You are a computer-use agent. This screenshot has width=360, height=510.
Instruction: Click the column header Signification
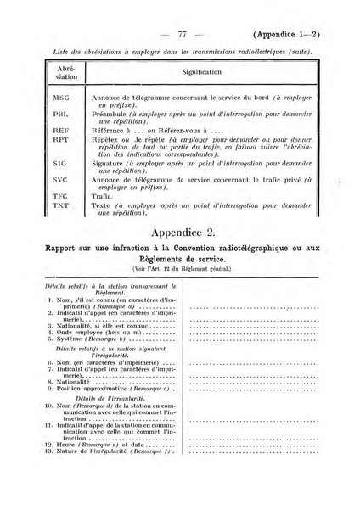(x=201, y=73)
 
